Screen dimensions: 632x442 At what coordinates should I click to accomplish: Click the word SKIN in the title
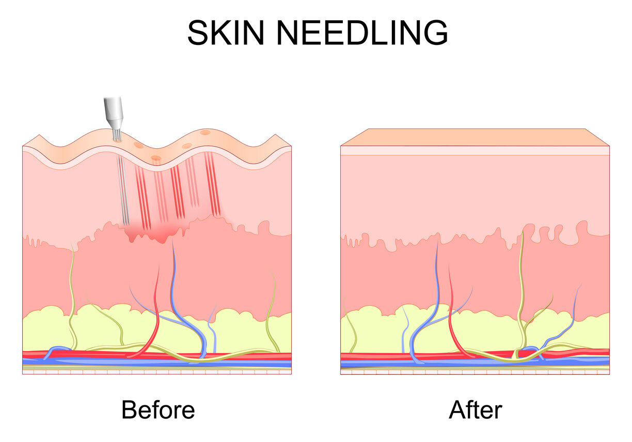(226, 33)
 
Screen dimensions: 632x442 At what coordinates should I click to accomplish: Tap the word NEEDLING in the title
(362, 33)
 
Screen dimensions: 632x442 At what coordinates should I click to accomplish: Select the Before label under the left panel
(158, 410)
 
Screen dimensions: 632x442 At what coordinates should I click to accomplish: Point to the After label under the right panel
(476, 410)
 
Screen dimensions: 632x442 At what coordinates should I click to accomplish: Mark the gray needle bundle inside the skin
(123, 191)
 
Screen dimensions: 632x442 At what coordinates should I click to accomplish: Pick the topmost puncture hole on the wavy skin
(205, 132)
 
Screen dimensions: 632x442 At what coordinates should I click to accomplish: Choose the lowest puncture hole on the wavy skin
(156, 158)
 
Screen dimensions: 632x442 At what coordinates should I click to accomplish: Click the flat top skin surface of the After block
(475, 137)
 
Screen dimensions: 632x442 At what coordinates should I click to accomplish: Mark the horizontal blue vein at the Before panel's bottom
(157, 362)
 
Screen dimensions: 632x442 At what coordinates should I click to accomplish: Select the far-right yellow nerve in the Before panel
(272, 310)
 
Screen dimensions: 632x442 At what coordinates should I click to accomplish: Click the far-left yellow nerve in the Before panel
(72, 296)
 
